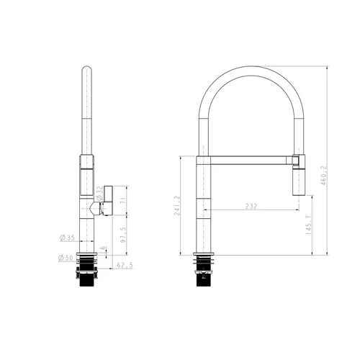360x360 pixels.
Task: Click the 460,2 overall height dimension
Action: pos(324,175)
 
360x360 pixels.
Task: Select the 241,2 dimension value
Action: pos(177,205)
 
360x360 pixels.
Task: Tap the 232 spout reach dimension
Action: pos(251,206)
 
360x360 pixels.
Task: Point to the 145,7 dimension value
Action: pos(309,225)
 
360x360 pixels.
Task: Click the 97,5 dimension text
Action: pos(123,235)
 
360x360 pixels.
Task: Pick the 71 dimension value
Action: pos(123,200)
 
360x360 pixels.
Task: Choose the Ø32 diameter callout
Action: pos(99,194)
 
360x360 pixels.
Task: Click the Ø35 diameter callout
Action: pos(67,238)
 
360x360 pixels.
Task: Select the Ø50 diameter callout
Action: pos(66,258)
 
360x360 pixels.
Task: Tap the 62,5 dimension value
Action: pos(125,265)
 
